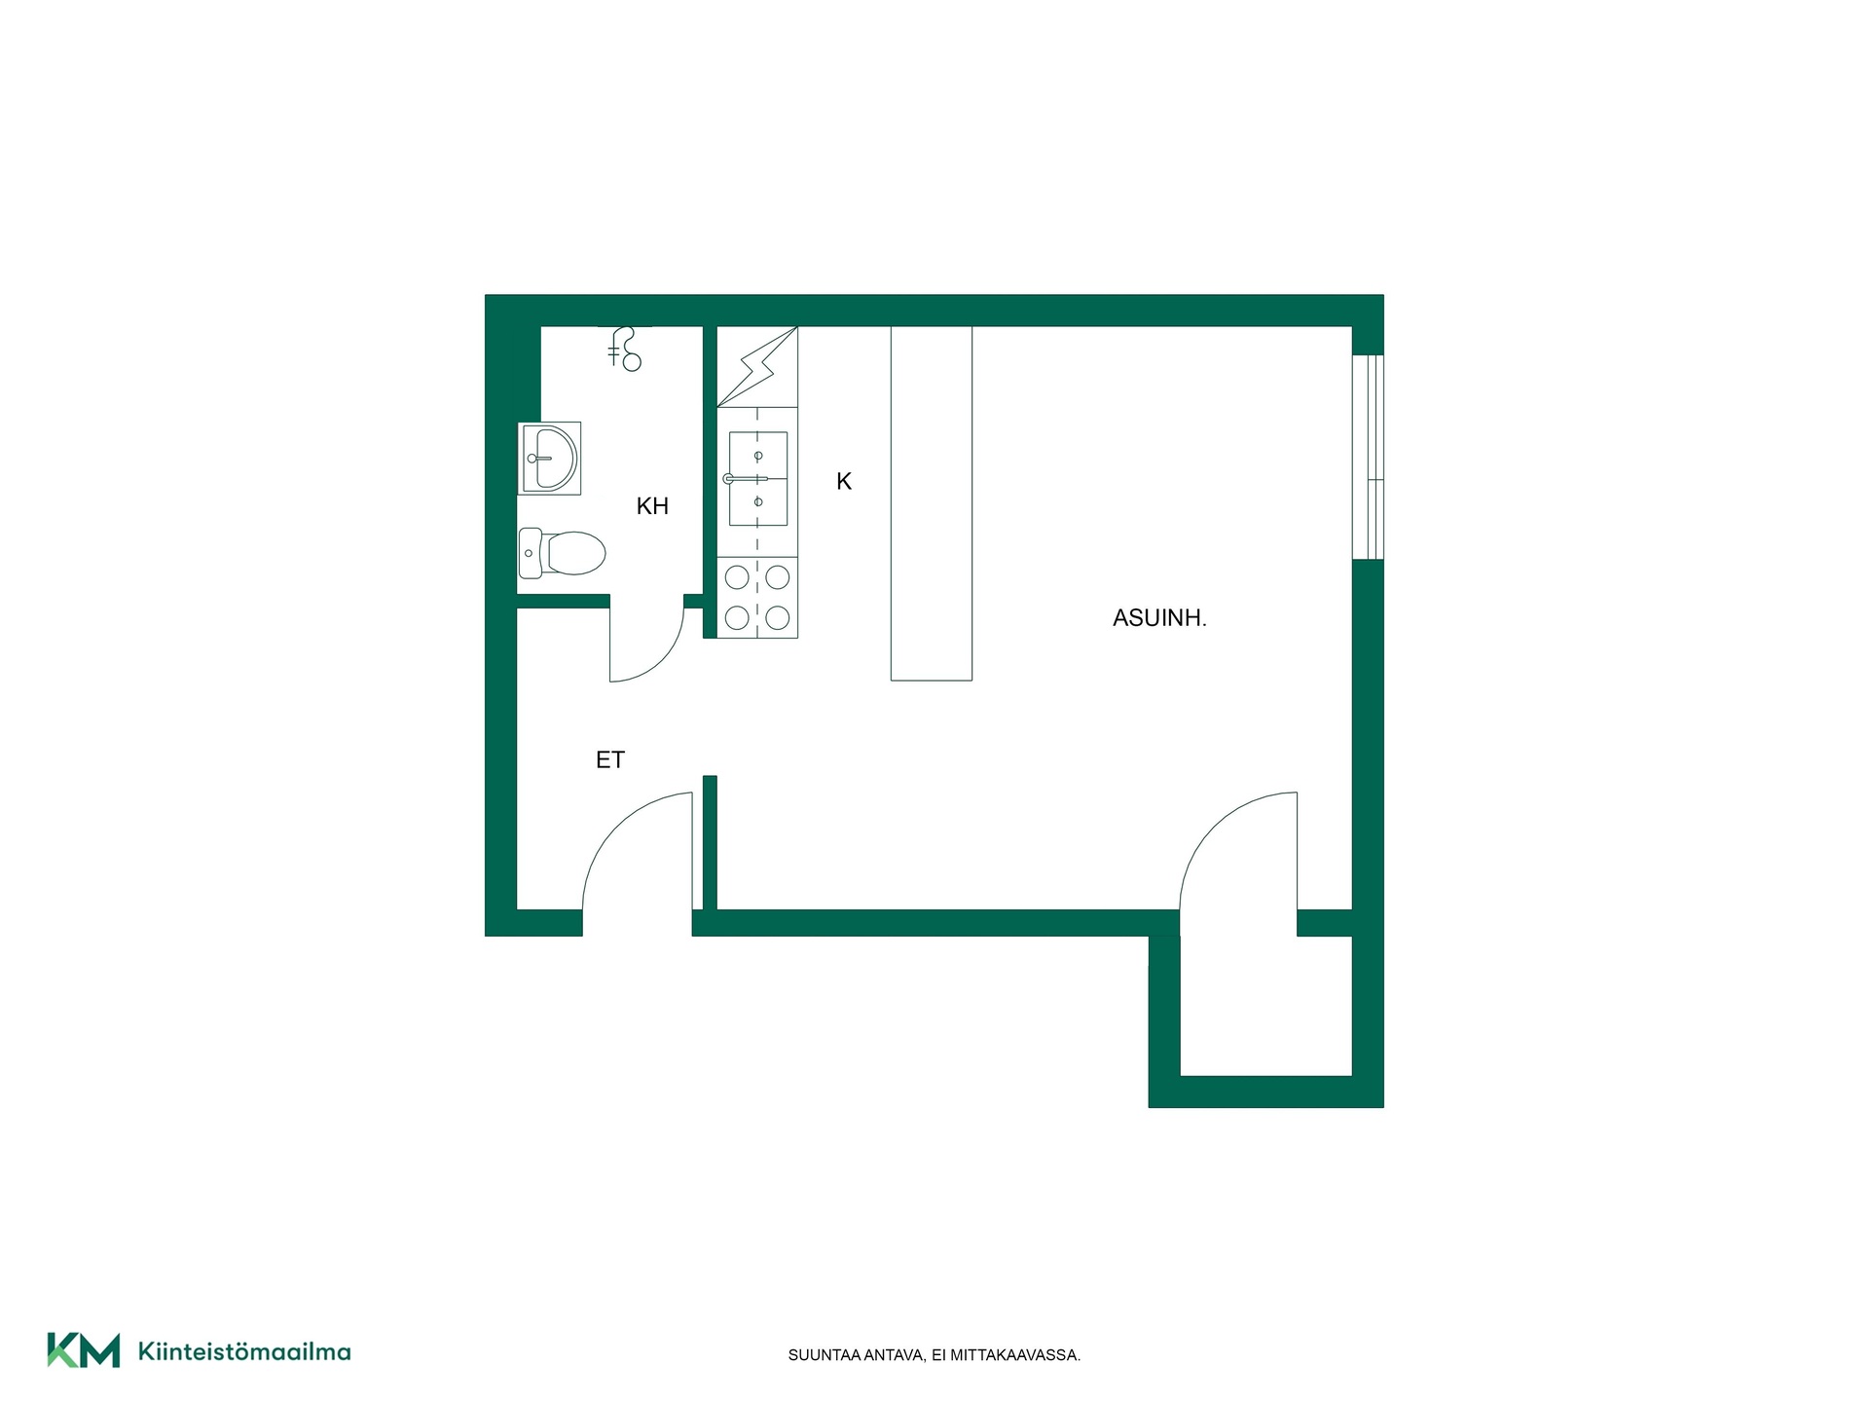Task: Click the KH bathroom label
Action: (x=652, y=506)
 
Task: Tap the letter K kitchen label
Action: (x=844, y=481)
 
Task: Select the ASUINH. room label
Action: (x=1159, y=618)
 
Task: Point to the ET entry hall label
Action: (x=610, y=760)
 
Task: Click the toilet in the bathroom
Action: (x=562, y=553)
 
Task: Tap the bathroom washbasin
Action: (x=550, y=458)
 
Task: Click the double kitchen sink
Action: (x=757, y=479)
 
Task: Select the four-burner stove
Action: (x=757, y=598)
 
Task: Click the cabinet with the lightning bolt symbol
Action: (x=757, y=366)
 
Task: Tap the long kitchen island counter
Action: (x=932, y=503)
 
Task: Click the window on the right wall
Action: (x=1368, y=457)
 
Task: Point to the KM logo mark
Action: (x=84, y=1350)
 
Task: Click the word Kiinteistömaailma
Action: (x=244, y=1351)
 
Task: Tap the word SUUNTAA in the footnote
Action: (x=825, y=1355)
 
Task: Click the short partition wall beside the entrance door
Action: (x=710, y=843)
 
